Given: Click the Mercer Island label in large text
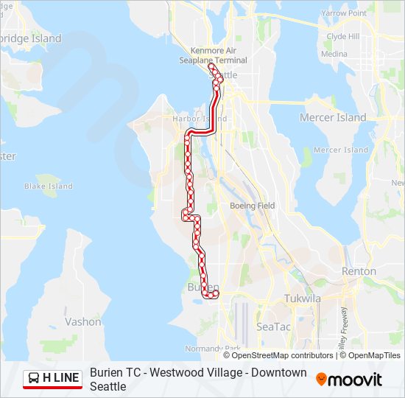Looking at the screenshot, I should [x=333, y=117].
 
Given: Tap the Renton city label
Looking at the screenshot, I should [x=359, y=271].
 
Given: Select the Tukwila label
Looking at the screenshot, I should [x=303, y=298].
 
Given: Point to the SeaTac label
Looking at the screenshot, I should [x=273, y=326].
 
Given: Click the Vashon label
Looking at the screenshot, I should [x=83, y=321].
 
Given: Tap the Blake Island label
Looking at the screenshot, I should [x=49, y=186].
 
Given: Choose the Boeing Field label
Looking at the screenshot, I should [x=252, y=206].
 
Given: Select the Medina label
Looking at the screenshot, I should [x=334, y=54].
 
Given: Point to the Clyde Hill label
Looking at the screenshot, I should [x=342, y=36].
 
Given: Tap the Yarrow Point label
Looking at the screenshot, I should [x=343, y=13].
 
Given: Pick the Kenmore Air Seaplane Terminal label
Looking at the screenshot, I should [x=213, y=55].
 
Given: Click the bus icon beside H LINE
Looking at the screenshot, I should [x=34, y=379].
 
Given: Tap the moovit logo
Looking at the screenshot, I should [x=349, y=380].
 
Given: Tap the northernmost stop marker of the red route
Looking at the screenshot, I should [x=212, y=67].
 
